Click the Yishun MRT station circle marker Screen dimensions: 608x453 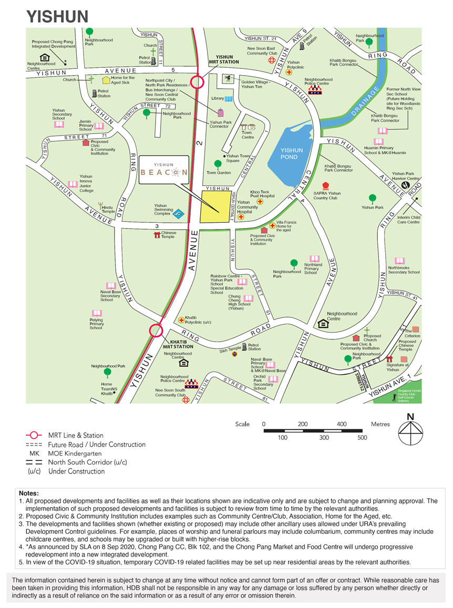pyautogui.click(x=197, y=82)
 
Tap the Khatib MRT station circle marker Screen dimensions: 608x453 pyautogui.click(x=156, y=331)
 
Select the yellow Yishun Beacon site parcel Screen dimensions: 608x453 pyautogui.click(x=216, y=207)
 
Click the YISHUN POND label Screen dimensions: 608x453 pyautogui.click(x=289, y=153)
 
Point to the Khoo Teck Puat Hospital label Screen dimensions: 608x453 pyautogui.click(x=262, y=194)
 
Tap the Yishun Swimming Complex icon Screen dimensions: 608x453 pyautogui.click(x=179, y=213)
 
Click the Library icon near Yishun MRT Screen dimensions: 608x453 pyautogui.click(x=229, y=98)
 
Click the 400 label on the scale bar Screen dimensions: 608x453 pyautogui.click(x=342, y=424)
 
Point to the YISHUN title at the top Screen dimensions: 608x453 pyautogui.click(x=58, y=16)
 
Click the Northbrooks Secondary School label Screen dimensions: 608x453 pyautogui.click(x=404, y=270)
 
